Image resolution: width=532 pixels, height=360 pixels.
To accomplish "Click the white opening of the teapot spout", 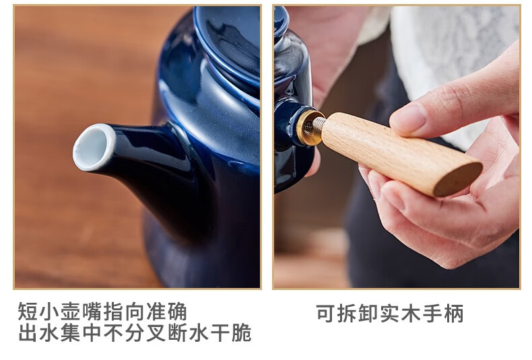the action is tap(94, 147).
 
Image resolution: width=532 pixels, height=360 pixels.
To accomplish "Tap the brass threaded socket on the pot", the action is tap(309, 127).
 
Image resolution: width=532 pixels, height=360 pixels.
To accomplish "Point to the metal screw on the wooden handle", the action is tap(319, 124).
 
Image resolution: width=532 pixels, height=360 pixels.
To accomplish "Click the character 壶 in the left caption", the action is tap(71, 312).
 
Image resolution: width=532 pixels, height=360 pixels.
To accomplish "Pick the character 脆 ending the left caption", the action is tap(242, 333).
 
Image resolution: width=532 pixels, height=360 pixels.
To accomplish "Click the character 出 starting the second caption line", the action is tap(28, 333).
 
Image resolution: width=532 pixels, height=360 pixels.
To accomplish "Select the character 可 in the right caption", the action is tap(326, 313).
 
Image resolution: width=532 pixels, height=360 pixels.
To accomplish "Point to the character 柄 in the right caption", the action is tap(454, 313).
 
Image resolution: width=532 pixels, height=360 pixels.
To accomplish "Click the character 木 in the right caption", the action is tap(411, 313).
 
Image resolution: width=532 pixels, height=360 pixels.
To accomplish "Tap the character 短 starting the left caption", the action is tap(28, 312).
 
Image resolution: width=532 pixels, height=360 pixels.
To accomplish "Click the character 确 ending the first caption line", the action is tap(177, 312).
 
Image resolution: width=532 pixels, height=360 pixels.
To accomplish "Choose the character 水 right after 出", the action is tap(50, 333).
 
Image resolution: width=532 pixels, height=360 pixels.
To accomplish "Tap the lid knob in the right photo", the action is tap(281, 19).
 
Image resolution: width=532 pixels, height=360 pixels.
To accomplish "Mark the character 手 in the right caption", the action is tap(432, 313).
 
